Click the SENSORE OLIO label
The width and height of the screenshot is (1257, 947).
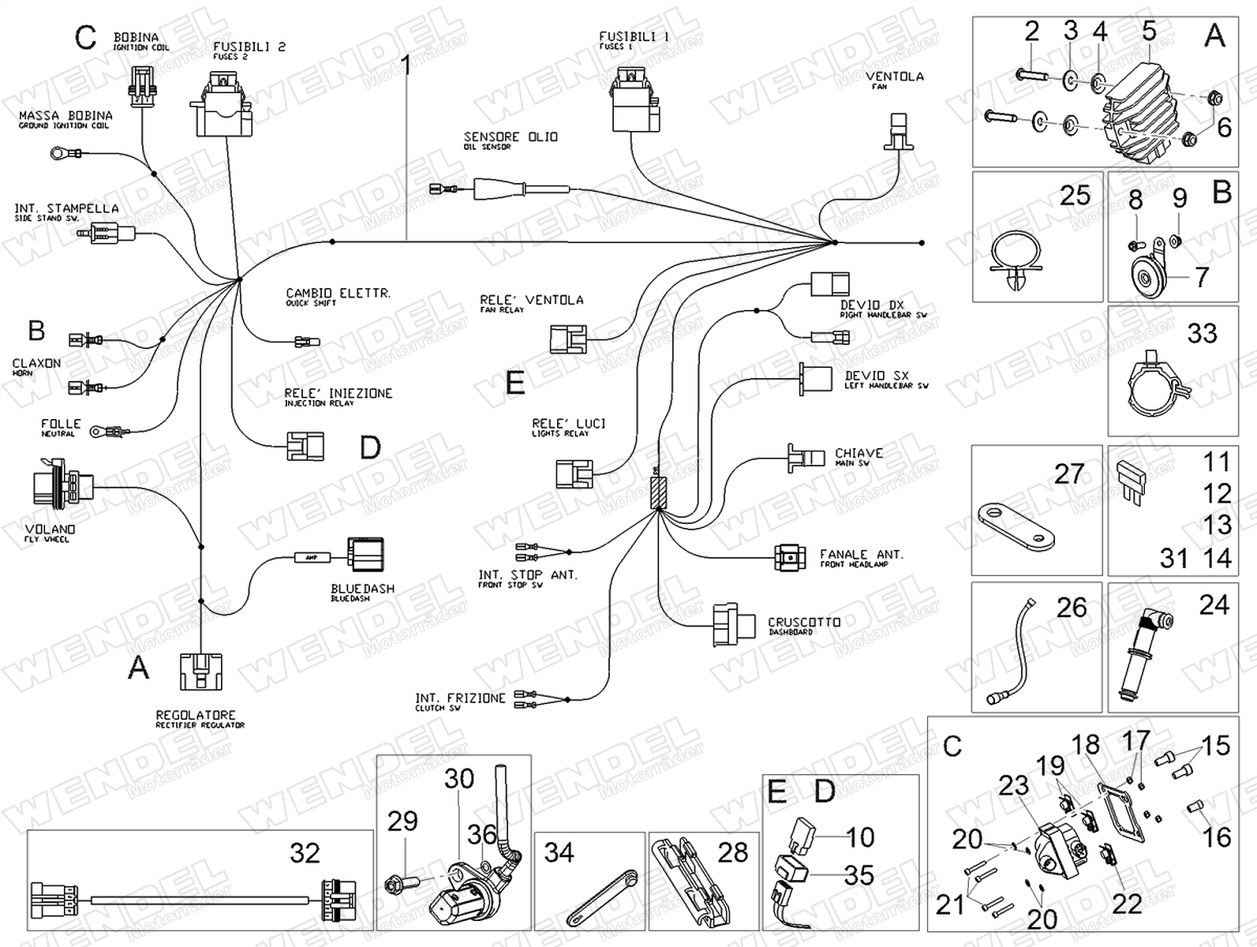(511, 138)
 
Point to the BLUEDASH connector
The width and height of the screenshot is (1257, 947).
(365, 554)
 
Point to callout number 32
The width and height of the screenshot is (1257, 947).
(305, 853)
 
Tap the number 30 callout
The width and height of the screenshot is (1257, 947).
(458, 779)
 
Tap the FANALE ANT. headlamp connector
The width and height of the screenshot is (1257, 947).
(791, 558)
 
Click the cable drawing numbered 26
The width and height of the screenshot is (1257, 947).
(1016, 652)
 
